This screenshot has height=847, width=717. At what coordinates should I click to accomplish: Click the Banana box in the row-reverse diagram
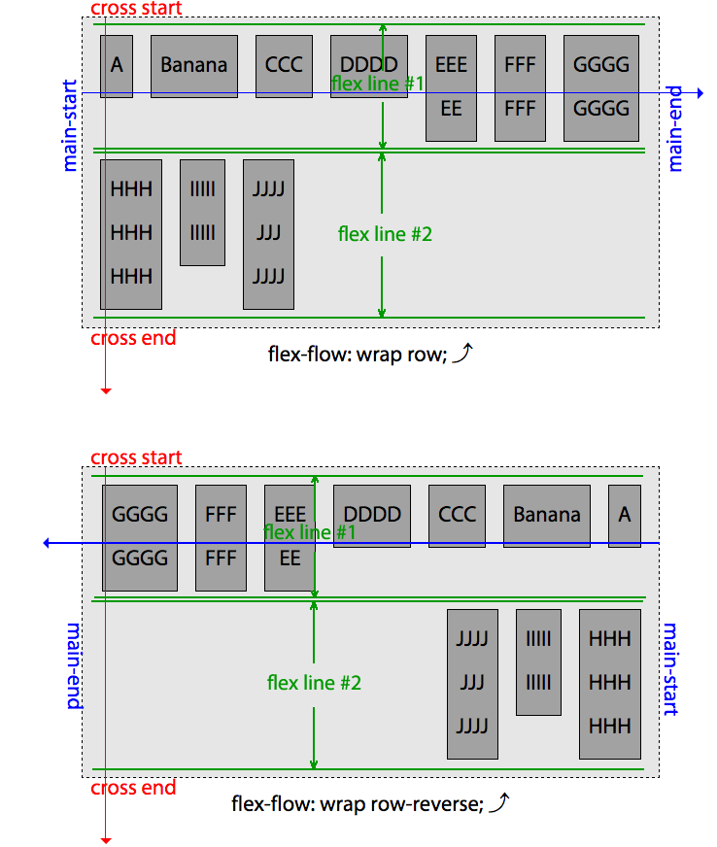coord(546,516)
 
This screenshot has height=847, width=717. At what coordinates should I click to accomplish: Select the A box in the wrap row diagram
coord(117,66)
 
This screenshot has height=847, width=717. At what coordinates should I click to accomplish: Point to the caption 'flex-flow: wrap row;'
coord(356,355)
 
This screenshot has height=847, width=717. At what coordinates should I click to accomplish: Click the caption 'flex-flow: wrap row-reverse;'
coord(356,804)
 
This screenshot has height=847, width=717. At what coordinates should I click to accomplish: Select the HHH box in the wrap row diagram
coord(131,233)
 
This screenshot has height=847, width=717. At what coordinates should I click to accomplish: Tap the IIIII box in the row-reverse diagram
coord(537,661)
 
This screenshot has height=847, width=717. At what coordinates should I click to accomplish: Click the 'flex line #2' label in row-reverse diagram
coord(314,683)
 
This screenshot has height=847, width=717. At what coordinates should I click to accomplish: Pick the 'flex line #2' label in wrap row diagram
coord(385,234)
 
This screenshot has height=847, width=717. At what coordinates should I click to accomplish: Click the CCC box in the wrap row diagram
coord(285,66)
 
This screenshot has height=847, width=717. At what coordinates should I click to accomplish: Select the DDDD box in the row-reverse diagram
coord(372,516)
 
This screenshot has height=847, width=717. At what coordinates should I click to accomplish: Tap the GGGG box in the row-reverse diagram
coord(140,537)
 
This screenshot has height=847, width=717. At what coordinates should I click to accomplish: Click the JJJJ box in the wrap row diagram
coord(268,234)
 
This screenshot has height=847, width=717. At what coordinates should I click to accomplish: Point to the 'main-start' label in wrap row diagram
coord(70,126)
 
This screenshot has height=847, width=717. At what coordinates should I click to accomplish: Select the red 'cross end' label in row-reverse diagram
coord(134,788)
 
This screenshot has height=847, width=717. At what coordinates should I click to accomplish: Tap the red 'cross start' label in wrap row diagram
coord(136,9)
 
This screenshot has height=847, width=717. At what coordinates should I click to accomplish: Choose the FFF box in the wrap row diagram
coord(520,87)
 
